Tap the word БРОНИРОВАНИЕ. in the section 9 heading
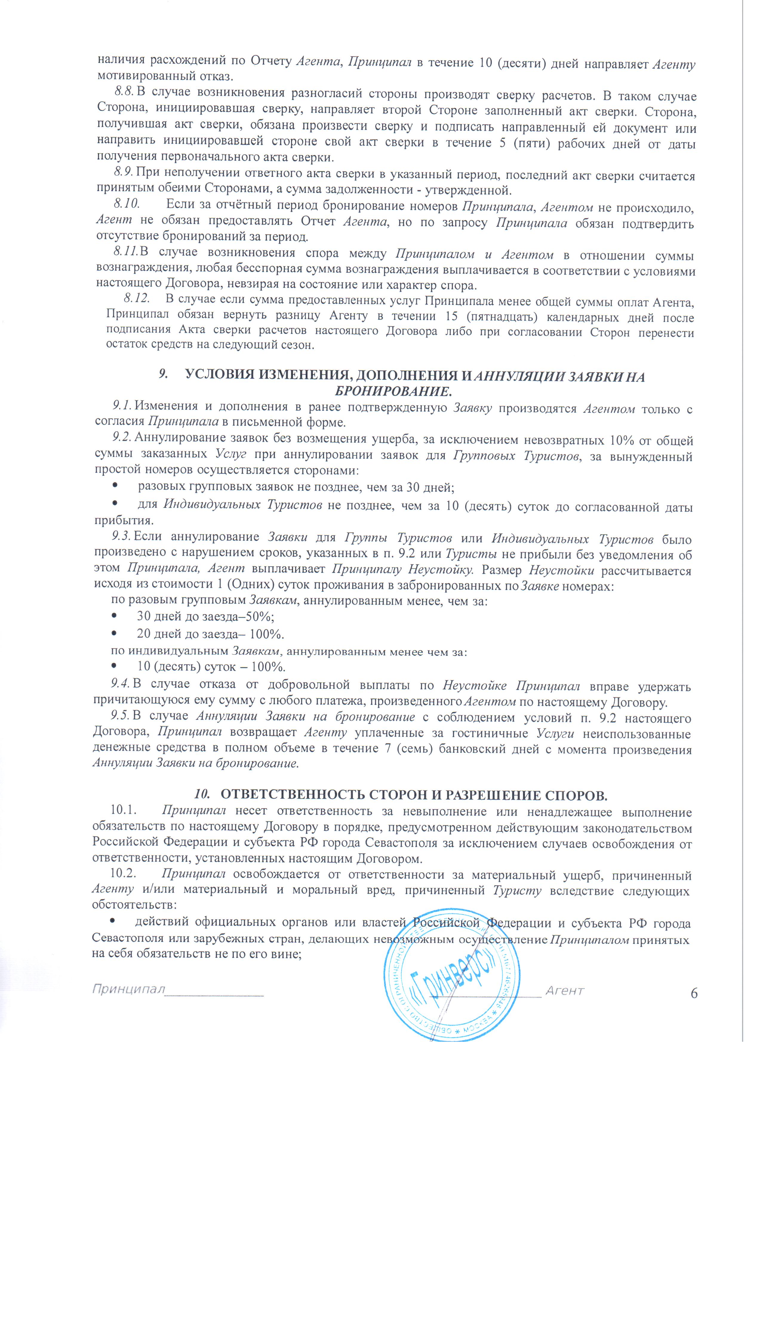pyautogui.click(x=392, y=391)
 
